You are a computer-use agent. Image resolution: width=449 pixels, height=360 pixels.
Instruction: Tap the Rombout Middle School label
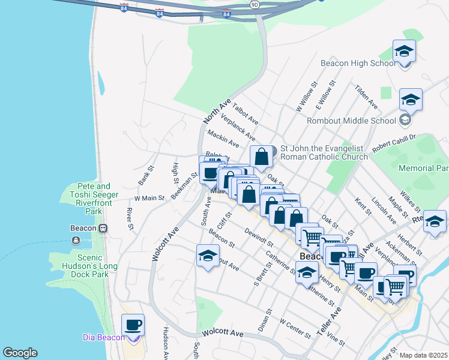(x=351, y=120)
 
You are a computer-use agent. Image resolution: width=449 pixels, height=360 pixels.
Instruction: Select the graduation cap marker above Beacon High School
(x=405, y=52)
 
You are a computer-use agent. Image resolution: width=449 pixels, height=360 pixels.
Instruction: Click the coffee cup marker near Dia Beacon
(x=133, y=325)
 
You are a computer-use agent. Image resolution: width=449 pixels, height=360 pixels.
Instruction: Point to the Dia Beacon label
(x=104, y=338)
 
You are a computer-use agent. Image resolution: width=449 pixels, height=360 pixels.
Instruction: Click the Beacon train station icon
(x=103, y=228)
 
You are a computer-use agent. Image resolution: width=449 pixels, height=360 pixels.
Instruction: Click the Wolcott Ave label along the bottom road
(x=223, y=333)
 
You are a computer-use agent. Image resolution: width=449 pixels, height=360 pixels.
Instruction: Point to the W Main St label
(x=149, y=197)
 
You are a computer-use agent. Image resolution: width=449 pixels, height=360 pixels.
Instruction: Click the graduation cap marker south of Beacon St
(x=208, y=256)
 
